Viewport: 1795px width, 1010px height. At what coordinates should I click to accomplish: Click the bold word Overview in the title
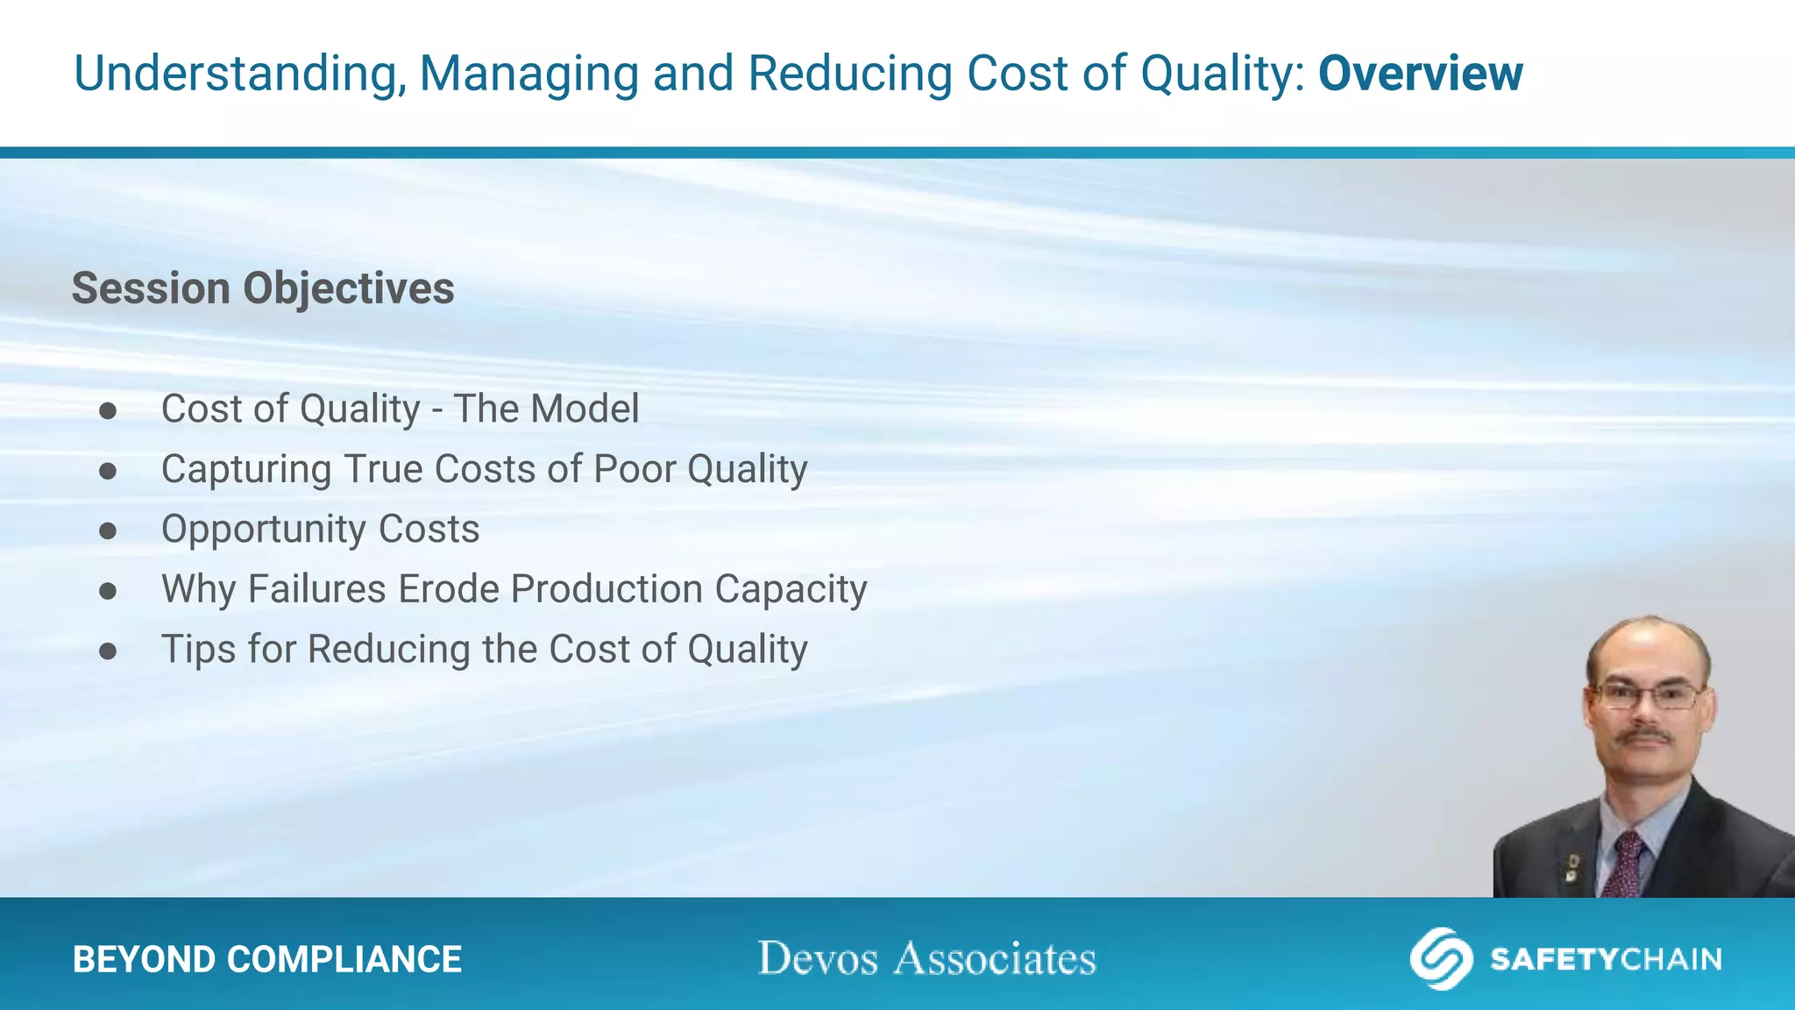pyautogui.click(x=1420, y=74)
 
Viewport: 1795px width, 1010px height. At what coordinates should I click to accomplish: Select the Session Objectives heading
pyautogui.click(x=263, y=288)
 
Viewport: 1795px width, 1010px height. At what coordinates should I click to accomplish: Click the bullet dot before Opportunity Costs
pyautogui.click(x=108, y=530)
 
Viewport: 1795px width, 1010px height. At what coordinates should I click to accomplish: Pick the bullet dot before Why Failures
pyautogui.click(x=108, y=591)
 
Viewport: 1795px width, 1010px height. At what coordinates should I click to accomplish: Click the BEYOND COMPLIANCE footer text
pyautogui.click(x=267, y=959)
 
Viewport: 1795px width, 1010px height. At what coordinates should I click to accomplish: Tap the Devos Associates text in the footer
pyautogui.click(x=926, y=958)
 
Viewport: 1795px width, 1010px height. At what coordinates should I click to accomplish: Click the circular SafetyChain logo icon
pyautogui.click(x=1440, y=958)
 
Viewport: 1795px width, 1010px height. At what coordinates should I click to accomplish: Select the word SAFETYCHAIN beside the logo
pyautogui.click(x=1606, y=959)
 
